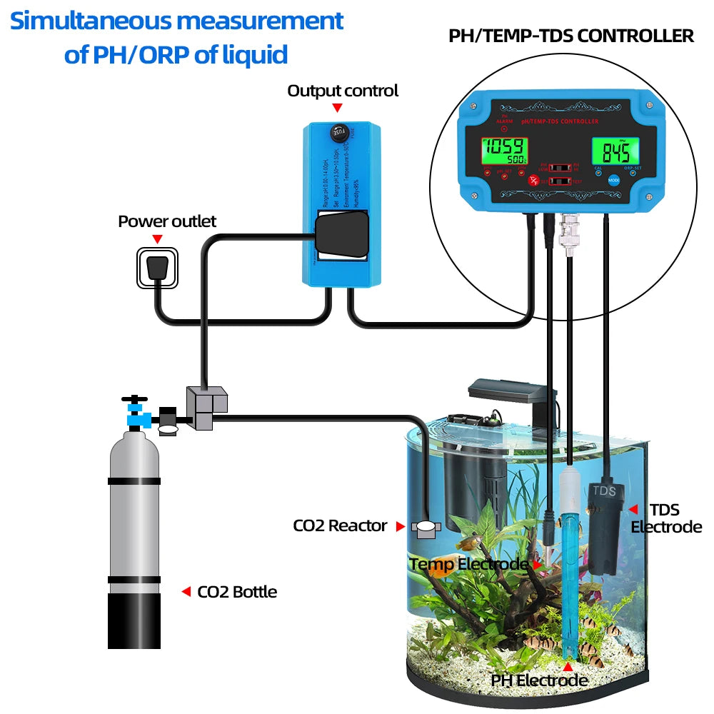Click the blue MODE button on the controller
click(x=614, y=180)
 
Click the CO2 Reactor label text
click(x=340, y=526)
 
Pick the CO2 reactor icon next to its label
click(x=426, y=529)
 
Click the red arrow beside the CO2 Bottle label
click(x=186, y=591)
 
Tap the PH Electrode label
click(x=539, y=680)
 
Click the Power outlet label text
click(x=167, y=221)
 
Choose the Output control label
click(x=343, y=91)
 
